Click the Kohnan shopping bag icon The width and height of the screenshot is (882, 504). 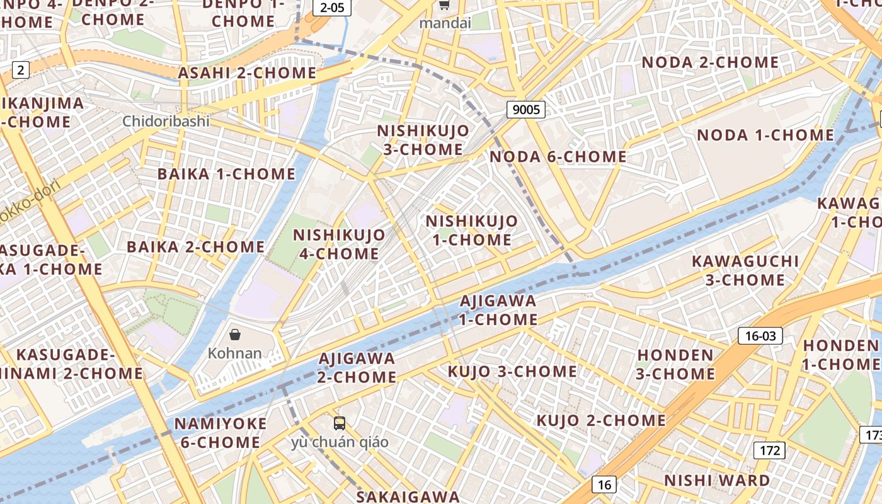235,335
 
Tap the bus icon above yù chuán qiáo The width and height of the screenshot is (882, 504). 340,423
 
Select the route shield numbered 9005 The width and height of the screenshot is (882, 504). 526,110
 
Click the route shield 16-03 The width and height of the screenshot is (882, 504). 760,336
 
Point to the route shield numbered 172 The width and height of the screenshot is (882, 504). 769,450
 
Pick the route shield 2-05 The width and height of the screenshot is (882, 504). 331,8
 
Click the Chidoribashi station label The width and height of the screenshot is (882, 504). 166,121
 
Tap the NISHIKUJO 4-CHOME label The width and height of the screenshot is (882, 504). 339,244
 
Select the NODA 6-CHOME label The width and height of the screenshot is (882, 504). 558,157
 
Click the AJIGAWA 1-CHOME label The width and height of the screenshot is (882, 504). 498,310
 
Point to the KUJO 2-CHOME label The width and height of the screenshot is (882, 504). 600,420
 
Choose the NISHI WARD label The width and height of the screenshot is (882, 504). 717,481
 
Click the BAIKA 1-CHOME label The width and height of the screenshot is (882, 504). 226,174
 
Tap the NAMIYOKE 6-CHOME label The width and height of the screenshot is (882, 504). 220,433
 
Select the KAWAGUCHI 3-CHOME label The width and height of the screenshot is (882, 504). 745,270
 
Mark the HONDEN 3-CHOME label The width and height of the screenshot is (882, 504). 675,364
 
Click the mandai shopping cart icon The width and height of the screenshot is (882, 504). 444,6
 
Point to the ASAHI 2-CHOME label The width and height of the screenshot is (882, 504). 247,73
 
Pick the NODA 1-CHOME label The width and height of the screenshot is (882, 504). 765,135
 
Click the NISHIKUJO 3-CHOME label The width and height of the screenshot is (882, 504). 423,140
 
